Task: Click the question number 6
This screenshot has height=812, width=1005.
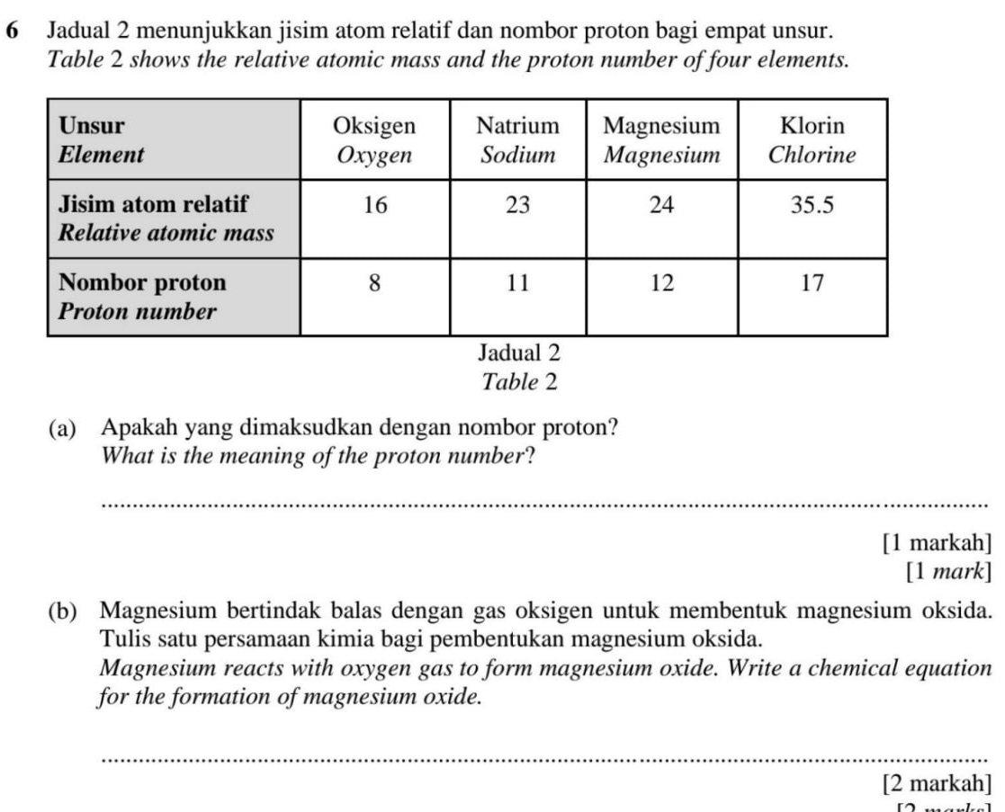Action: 13,30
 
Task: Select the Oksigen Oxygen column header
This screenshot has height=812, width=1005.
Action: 374,139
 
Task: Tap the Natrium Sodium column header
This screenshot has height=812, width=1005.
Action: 517,139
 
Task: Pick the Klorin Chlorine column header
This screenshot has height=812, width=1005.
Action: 812,139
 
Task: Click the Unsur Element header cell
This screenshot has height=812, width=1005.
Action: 101,139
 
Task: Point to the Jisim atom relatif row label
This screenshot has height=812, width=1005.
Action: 166,219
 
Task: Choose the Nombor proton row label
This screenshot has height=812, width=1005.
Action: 142,298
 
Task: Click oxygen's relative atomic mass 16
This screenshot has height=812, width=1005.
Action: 374,206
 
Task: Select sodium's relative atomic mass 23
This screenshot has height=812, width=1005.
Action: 517,206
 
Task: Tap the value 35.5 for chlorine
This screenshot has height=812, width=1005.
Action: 812,206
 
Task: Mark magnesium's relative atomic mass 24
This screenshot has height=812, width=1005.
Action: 661,206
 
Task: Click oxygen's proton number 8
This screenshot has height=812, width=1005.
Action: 374,284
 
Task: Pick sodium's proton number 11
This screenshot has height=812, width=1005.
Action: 517,284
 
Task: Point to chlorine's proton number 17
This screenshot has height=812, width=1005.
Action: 812,284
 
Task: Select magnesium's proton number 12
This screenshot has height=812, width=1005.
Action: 661,284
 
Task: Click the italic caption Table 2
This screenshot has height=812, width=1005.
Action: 520,382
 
